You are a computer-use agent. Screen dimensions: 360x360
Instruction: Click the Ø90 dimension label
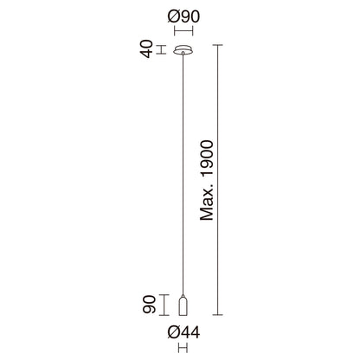[183, 16]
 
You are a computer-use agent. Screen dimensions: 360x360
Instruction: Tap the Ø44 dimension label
[183, 332]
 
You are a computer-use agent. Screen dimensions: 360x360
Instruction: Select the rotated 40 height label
[147, 49]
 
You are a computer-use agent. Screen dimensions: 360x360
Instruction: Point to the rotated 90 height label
[150, 305]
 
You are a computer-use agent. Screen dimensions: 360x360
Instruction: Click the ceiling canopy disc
[183, 50]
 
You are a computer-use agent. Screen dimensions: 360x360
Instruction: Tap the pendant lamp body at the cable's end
[183, 305]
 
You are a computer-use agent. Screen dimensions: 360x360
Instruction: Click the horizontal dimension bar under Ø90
[183, 30]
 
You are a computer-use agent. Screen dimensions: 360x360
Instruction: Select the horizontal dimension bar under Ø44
[183, 348]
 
